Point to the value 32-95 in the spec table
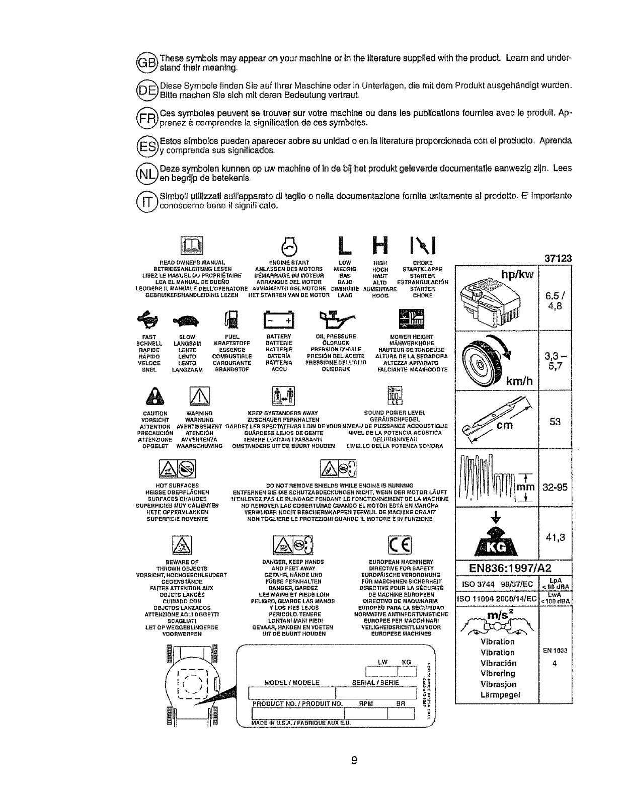555,487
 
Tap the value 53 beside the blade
555,422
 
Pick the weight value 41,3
555,537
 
